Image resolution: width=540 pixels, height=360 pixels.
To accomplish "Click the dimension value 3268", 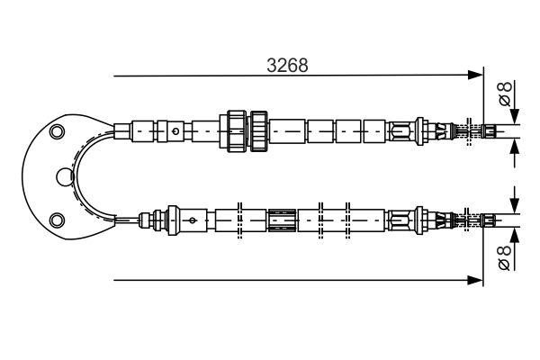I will (288, 65).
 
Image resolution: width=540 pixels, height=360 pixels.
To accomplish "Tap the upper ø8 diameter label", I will (506, 92).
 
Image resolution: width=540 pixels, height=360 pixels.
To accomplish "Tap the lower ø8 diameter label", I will (506, 256).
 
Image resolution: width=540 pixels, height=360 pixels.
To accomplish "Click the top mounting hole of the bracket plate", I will (58, 133).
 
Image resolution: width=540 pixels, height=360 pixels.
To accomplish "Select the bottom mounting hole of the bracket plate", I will (58, 218).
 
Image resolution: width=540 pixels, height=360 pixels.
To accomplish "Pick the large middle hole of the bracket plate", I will (63, 175).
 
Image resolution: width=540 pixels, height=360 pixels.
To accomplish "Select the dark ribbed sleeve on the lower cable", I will (281, 219).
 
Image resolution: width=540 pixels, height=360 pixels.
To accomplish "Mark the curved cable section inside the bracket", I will (78, 175).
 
